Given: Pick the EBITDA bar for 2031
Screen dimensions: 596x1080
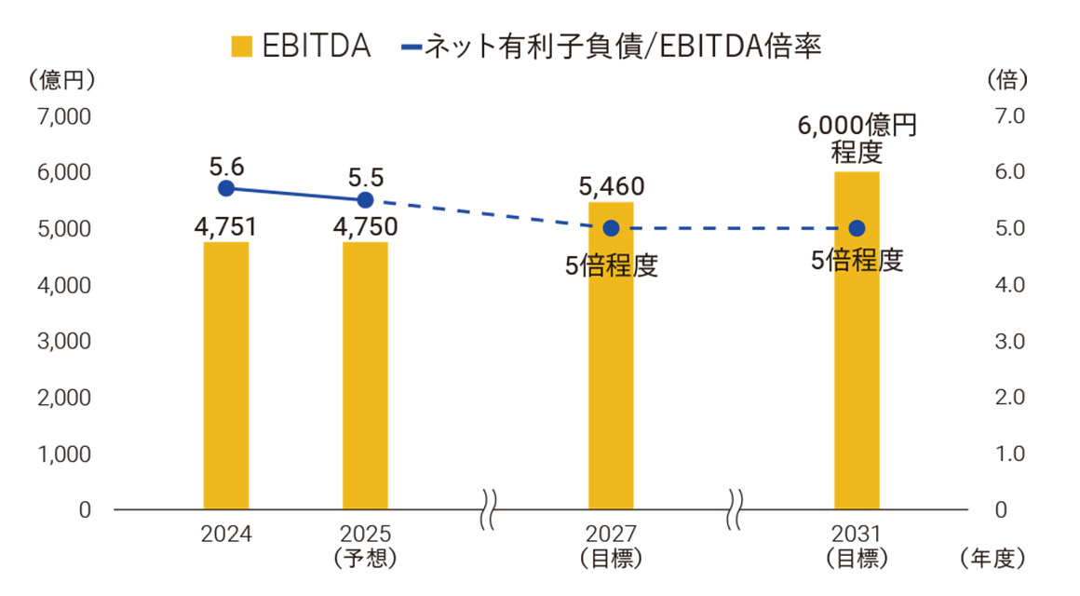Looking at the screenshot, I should [x=857, y=341].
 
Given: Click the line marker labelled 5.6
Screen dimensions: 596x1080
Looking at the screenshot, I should [x=225, y=188].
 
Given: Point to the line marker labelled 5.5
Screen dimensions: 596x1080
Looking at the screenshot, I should [x=365, y=199].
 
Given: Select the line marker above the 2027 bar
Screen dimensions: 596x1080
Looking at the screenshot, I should [x=611, y=228].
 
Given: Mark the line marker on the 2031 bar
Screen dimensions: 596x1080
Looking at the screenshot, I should [x=857, y=228].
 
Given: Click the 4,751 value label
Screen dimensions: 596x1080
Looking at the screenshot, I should [x=225, y=227].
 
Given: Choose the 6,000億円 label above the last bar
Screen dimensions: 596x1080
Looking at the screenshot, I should [x=857, y=126].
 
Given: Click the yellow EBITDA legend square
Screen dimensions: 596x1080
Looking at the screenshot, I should [x=241, y=46].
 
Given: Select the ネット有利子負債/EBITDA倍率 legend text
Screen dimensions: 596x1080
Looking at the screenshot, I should [x=622, y=46].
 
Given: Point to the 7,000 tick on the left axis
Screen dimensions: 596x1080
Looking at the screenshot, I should [x=64, y=116].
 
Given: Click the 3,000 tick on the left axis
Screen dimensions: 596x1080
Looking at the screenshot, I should [x=64, y=342].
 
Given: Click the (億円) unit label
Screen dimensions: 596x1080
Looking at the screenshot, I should [x=62, y=80].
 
